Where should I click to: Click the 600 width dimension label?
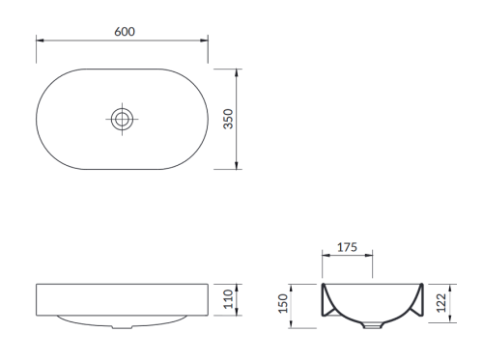coord(125,32)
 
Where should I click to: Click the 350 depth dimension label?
coord(228,119)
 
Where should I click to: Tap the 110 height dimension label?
coord(228,299)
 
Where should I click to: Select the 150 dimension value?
coord(283,303)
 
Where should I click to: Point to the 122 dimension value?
coord(441,303)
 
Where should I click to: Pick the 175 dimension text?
coord(347,247)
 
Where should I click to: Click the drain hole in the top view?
coord(122,119)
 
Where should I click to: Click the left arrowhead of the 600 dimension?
coord(40,41)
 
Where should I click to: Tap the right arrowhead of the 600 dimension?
coord(204,41)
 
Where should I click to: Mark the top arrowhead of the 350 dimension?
coord(237,72)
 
